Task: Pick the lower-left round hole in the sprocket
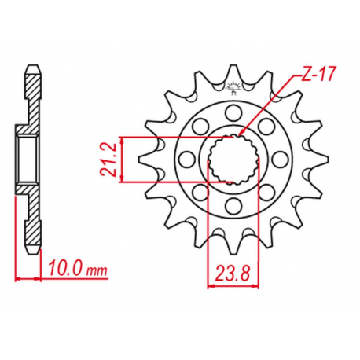[200, 192]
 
